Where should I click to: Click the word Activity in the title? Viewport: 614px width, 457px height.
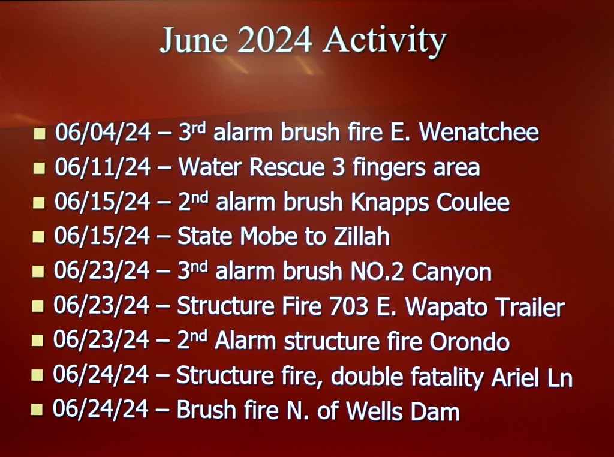click(x=385, y=41)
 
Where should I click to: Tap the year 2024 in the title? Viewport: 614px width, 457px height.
click(x=275, y=40)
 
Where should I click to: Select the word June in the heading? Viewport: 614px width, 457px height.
click(x=194, y=40)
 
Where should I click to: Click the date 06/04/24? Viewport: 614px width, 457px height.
click(x=103, y=132)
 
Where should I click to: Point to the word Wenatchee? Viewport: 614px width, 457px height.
click(x=479, y=132)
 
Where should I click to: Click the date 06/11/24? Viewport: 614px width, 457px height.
click(x=103, y=167)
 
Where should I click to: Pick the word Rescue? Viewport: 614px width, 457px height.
click(x=287, y=167)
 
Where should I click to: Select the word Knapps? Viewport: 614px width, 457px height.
click(x=390, y=203)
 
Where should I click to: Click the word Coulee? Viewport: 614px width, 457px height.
click(x=473, y=202)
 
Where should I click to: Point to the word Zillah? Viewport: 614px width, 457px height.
click(x=362, y=236)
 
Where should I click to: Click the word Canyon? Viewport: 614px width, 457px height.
click(x=452, y=272)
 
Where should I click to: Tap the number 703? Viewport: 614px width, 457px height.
click(x=349, y=306)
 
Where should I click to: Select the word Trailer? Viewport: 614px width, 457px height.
click(x=525, y=306)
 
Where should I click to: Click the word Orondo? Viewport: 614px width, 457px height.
click(x=469, y=341)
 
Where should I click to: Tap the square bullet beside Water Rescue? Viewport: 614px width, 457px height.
click(x=39, y=168)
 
